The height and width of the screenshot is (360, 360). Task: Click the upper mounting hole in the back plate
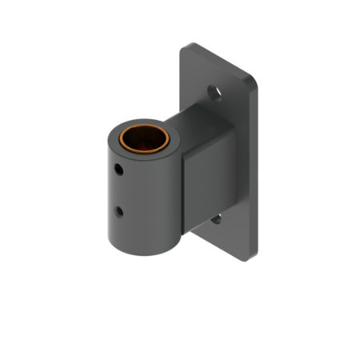point(215,94)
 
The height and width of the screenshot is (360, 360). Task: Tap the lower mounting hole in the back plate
point(216,218)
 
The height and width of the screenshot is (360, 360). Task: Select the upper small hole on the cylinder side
point(118,170)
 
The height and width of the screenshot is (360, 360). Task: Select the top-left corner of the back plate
point(185,48)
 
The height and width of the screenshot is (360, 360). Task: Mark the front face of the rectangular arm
point(210,192)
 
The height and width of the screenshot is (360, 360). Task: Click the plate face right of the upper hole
point(236,100)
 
